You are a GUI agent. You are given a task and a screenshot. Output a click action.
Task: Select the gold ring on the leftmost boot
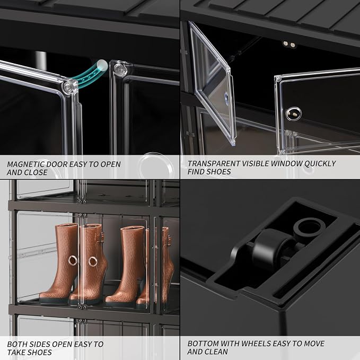tap(73, 260)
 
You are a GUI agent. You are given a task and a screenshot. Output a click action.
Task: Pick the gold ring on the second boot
tap(93, 262)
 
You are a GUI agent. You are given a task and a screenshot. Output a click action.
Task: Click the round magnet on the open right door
tap(293, 113)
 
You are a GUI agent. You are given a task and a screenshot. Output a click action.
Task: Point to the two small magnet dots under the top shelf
tap(289, 44)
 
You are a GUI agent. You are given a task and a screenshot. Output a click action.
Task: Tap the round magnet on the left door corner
tap(68, 87)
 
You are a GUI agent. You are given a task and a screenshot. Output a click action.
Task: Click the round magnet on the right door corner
tap(119, 68)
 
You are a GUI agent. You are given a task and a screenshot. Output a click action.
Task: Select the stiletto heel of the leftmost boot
tap(73, 290)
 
